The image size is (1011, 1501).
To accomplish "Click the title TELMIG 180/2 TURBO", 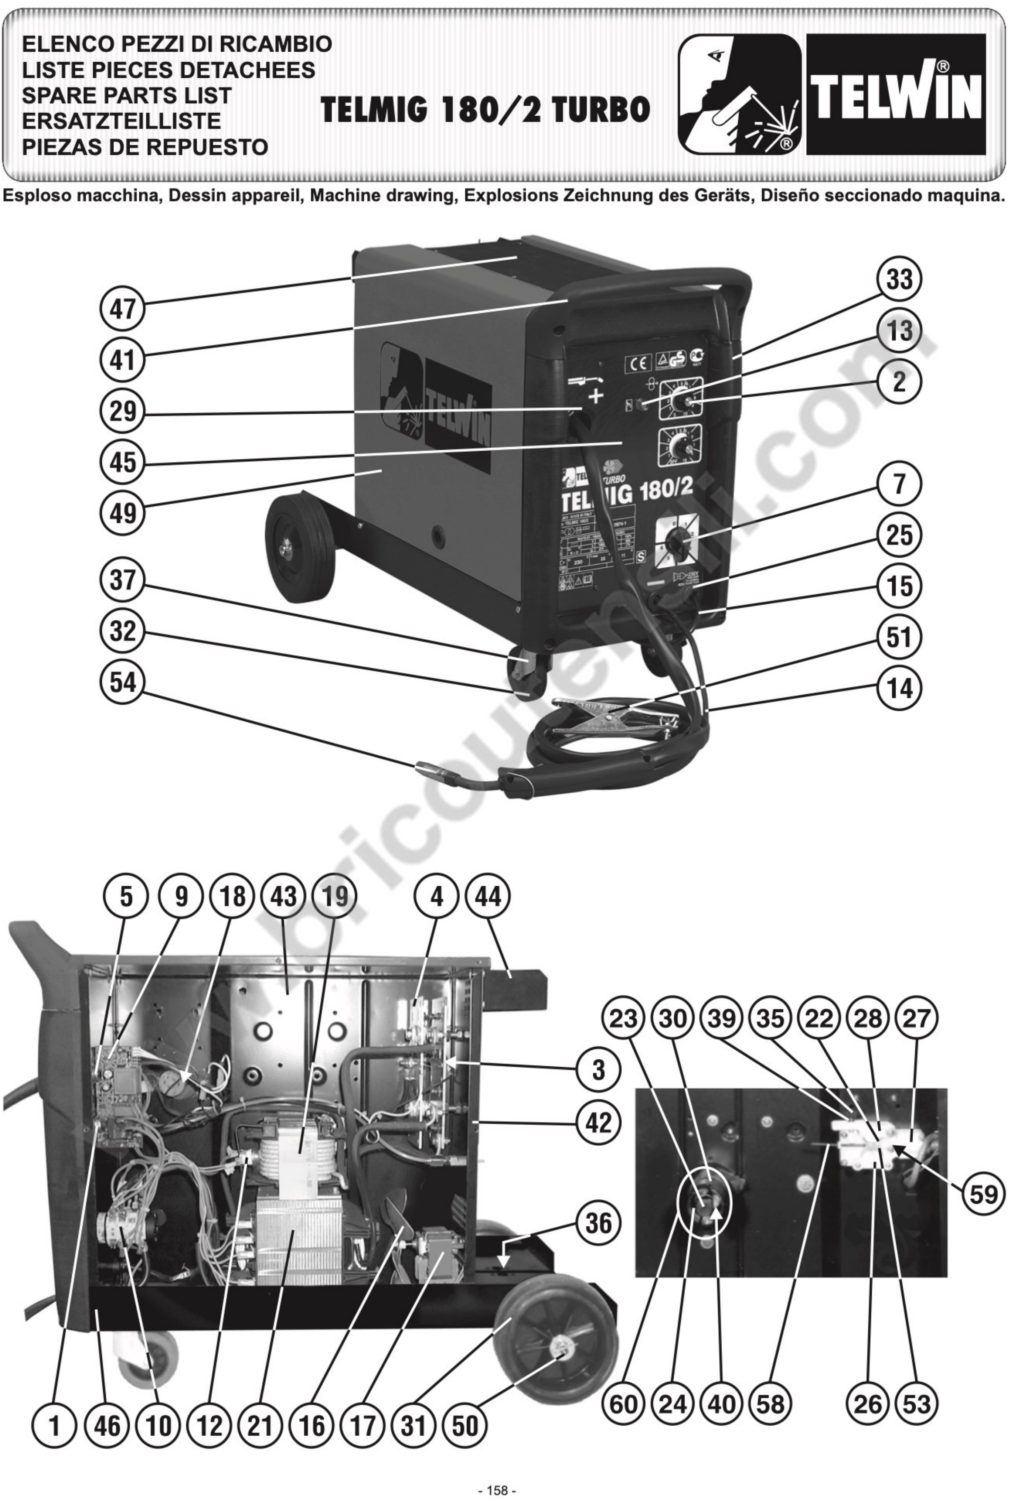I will coord(485,110).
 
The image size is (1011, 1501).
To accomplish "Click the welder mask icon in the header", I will coord(739,94).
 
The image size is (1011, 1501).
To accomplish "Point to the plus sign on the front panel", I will coord(596,396).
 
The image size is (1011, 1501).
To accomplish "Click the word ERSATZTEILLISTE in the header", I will coord(121,121).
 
